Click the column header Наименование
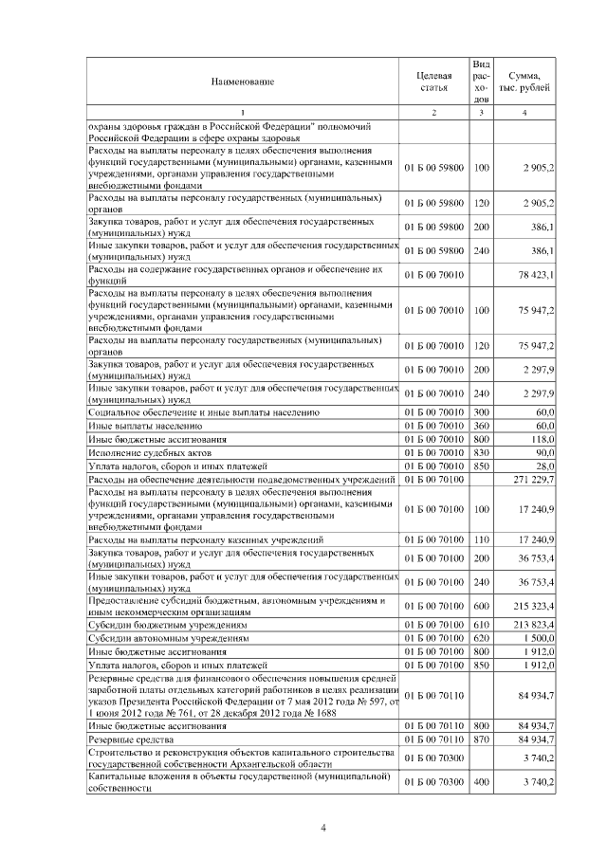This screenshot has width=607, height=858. click(243, 82)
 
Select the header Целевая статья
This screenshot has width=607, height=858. click(433, 82)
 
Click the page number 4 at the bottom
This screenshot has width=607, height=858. click(322, 828)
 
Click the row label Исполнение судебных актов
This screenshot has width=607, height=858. click(144, 453)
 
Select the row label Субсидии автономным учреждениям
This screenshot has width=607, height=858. click(167, 640)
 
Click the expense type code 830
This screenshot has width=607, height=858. click(481, 453)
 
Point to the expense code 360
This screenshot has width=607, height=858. click(481, 427)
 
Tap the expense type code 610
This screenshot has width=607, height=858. click(481, 627)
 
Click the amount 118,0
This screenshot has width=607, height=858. click(543, 440)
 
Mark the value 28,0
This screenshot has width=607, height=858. click(545, 466)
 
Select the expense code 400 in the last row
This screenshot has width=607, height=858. click(481, 782)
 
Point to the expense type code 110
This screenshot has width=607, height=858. click(481, 539)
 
